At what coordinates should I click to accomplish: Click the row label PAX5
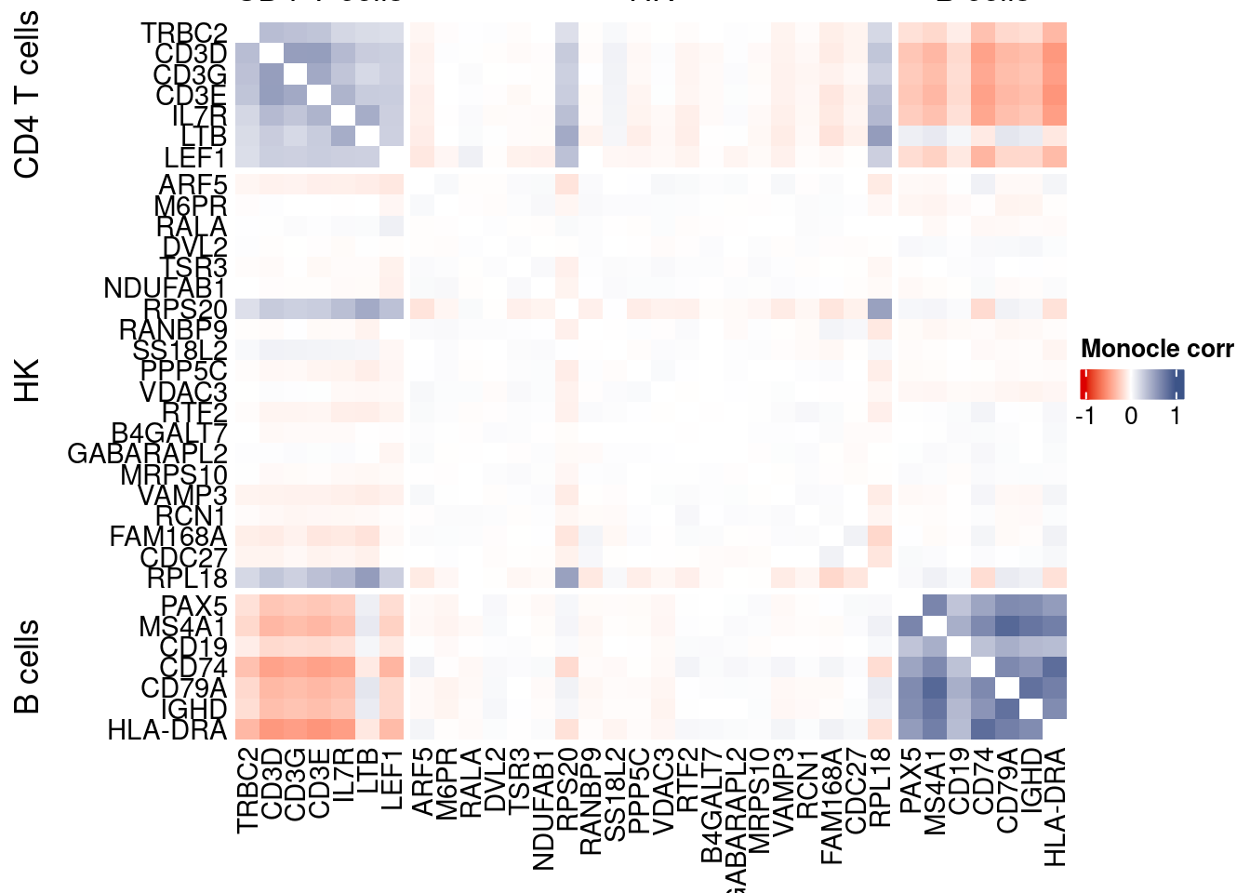point(194,606)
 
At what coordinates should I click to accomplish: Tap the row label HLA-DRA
point(167,730)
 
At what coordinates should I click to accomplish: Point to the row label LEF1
point(195,158)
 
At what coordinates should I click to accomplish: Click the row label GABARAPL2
point(148,454)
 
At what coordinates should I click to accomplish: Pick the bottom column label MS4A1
point(934,791)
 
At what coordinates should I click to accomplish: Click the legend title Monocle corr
point(1156,349)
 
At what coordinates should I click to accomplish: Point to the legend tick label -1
point(1085,416)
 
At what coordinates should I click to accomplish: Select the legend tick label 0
point(1131,416)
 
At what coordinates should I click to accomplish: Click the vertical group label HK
point(28,380)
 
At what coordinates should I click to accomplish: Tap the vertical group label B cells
point(28,666)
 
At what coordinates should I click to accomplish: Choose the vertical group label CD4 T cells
point(28,94)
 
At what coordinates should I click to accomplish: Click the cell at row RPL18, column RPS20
point(566,578)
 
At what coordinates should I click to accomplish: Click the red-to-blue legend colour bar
point(1132,384)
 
